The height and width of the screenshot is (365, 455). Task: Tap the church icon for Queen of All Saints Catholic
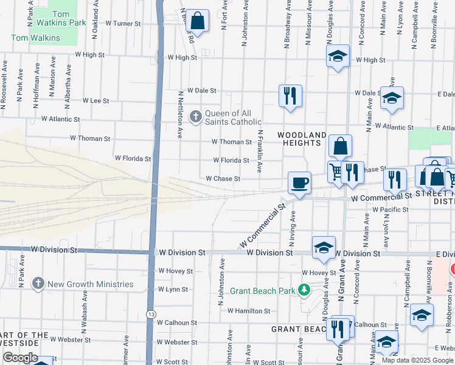click(196, 116)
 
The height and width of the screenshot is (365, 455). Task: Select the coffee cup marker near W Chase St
click(299, 182)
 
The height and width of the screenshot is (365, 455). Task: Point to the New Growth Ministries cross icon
click(38, 283)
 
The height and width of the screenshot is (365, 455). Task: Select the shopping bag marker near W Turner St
click(198, 21)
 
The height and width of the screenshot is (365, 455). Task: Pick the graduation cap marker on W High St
click(338, 57)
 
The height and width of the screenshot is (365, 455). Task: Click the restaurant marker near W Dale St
click(290, 96)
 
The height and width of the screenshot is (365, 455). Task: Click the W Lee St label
click(96, 100)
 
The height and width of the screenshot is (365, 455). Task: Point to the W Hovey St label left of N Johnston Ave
click(175, 271)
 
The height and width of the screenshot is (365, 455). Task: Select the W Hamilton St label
click(248, 311)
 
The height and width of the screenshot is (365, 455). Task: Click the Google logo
click(20, 358)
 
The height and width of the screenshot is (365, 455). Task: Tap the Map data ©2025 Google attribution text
click(417, 360)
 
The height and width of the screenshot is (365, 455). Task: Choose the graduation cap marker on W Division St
click(324, 247)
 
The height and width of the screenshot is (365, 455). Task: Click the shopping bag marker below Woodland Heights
click(341, 146)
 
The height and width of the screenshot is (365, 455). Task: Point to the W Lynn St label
click(173, 290)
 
